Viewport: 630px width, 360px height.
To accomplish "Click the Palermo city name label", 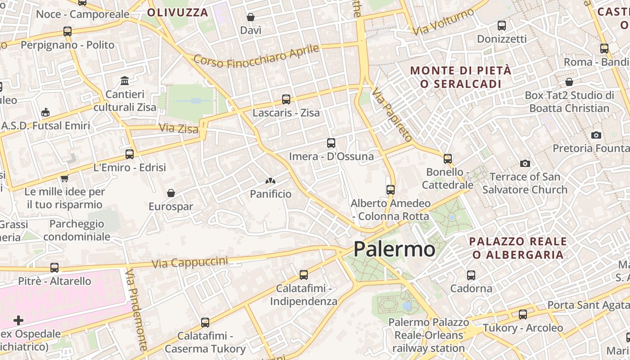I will [394, 249].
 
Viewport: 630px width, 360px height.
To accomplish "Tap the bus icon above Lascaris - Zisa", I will [286, 99].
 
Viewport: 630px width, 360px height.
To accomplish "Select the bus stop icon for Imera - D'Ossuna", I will [331, 143].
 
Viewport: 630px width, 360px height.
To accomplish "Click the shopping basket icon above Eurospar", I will [171, 193].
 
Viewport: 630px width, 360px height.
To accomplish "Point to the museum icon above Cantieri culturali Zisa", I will [125, 81].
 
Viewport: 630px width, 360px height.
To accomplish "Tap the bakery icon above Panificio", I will [270, 181].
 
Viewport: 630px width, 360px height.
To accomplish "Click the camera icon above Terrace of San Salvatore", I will [525, 163].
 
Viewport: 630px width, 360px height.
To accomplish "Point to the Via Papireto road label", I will [391, 114].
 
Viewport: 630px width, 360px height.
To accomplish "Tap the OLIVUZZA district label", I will [178, 12].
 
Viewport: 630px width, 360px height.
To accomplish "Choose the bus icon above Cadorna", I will [471, 275].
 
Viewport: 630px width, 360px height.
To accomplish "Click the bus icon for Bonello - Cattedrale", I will [447, 158].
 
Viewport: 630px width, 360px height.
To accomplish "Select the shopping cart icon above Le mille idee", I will [64, 178].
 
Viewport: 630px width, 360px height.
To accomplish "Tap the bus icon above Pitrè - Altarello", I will [54, 268].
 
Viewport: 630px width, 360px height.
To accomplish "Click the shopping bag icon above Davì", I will [251, 17].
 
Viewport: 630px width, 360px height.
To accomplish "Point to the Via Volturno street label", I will [444, 22].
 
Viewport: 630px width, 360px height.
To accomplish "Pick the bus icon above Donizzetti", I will [501, 26].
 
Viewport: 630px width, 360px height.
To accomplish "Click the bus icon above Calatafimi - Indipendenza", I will [304, 274].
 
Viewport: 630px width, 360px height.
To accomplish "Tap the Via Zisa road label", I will [179, 129].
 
